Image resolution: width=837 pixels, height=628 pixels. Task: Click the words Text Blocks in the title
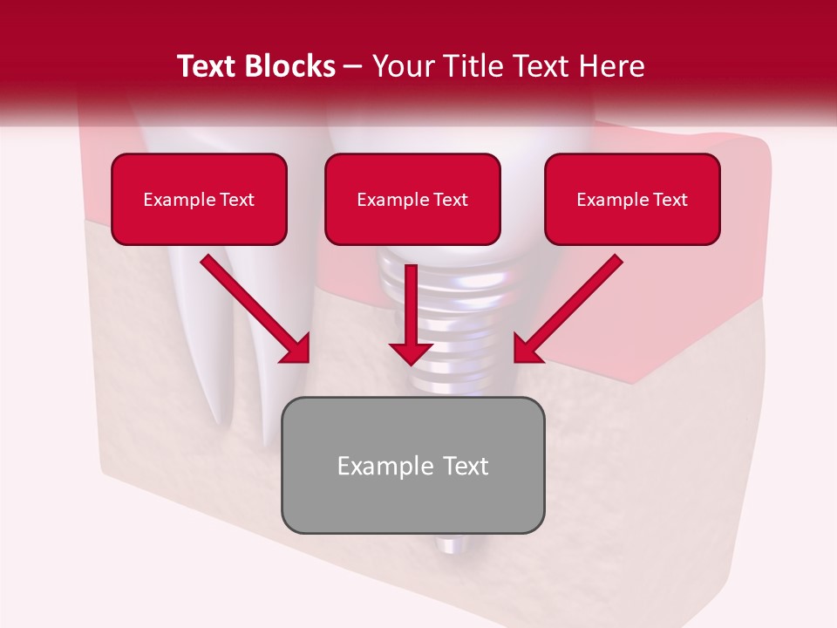(256, 66)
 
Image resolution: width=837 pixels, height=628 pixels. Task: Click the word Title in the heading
(475, 66)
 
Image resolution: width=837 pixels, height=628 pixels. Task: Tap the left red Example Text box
(199, 199)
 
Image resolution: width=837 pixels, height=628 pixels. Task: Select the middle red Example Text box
(412, 199)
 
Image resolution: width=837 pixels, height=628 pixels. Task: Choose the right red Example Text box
(632, 199)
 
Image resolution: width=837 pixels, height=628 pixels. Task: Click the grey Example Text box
(412, 465)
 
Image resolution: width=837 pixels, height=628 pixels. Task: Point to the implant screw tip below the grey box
(451, 545)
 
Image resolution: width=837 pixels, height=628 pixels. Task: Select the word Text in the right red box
(670, 200)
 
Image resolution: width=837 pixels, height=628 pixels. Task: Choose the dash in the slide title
(353, 67)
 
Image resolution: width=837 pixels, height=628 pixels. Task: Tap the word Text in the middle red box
(451, 200)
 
